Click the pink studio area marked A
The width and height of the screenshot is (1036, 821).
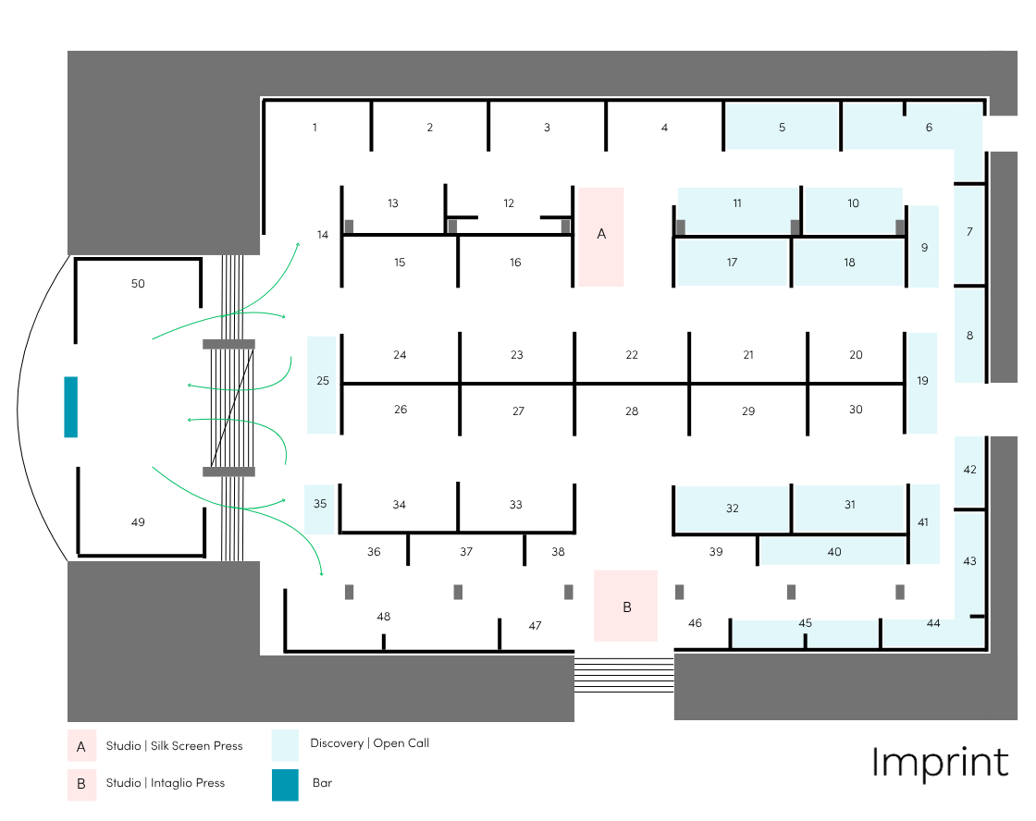tap(601, 236)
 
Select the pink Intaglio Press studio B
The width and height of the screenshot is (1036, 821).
tap(626, 607)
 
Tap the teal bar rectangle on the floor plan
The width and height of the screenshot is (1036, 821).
tap(70, 407)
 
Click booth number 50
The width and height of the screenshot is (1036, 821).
tap(138, 284)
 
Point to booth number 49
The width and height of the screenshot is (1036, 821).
tap(138, 522)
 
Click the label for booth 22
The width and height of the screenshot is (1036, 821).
tap(632, 355)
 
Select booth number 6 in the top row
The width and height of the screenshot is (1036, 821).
tap(929, 128)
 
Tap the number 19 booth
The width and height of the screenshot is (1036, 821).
tap(922, 381)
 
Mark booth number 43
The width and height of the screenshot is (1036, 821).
tap(969, 561)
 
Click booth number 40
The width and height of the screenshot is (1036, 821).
tap(834, 552)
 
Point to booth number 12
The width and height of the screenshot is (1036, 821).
tap(509, 203)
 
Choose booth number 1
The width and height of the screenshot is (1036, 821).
tap(314, 128)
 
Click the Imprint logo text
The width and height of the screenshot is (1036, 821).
tap(939, 763)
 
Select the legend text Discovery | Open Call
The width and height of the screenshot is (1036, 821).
tap(369, 743)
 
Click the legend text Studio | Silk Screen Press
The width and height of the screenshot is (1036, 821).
tap(174, 746)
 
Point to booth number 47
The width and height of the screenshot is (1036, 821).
tap(535, 626)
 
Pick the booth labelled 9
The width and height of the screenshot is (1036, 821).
tap(924, 247)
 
